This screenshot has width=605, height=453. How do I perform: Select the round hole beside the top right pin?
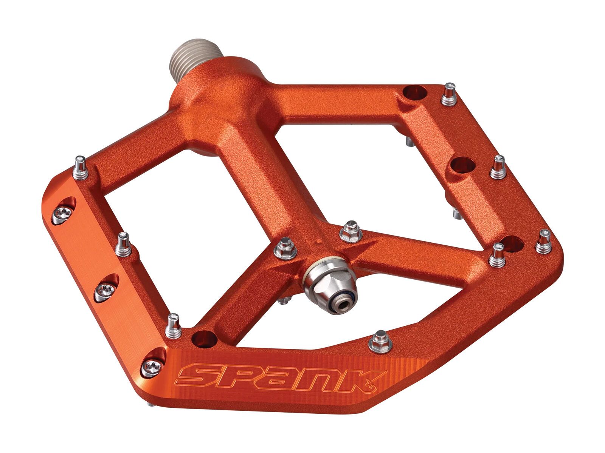(414, 92)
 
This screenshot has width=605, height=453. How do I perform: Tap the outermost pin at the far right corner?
(544, 241)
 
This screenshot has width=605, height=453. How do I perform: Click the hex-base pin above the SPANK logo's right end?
(379, 341)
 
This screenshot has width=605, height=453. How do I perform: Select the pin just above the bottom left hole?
(174, 325)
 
